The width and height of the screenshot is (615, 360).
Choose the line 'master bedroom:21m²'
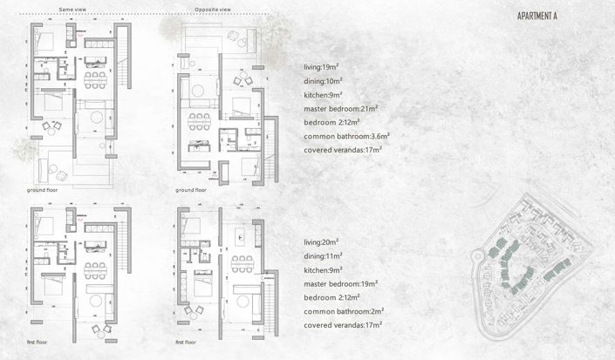340,108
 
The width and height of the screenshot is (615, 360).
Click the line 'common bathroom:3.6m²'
346,136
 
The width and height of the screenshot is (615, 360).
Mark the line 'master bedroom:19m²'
340,283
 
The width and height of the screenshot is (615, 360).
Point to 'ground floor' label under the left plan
43,189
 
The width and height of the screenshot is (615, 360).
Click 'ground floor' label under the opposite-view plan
189,189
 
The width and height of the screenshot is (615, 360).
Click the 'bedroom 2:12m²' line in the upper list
331,122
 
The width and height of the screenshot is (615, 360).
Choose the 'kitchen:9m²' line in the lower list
324,269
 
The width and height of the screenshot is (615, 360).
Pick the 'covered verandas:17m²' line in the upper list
343,150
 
